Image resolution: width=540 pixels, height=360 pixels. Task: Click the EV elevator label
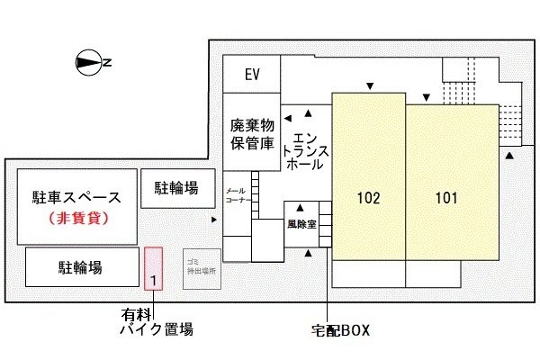[x=252, y=75]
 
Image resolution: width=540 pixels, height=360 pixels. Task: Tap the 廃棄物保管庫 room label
[x=251, y=134]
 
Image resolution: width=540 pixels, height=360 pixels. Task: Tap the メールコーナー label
[x=236, y=196]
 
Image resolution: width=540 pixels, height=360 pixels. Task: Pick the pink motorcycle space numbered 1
[x=154, y=268]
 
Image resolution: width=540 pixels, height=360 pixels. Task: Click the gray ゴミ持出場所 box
[x=202, y=267]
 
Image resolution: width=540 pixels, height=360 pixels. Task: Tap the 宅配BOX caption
[x=336, y=330]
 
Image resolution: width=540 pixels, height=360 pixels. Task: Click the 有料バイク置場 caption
[x=157, y=323]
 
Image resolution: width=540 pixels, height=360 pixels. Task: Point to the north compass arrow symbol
[x=89, y=62]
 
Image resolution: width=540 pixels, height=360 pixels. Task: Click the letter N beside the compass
[x=107, y=62]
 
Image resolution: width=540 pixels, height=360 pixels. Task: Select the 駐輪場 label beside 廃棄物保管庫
[x=176, y=189]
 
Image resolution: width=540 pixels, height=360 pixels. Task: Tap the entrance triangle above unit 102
[x=368, y=86]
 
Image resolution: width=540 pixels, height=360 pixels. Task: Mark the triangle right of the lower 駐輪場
[x=213, y=219]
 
